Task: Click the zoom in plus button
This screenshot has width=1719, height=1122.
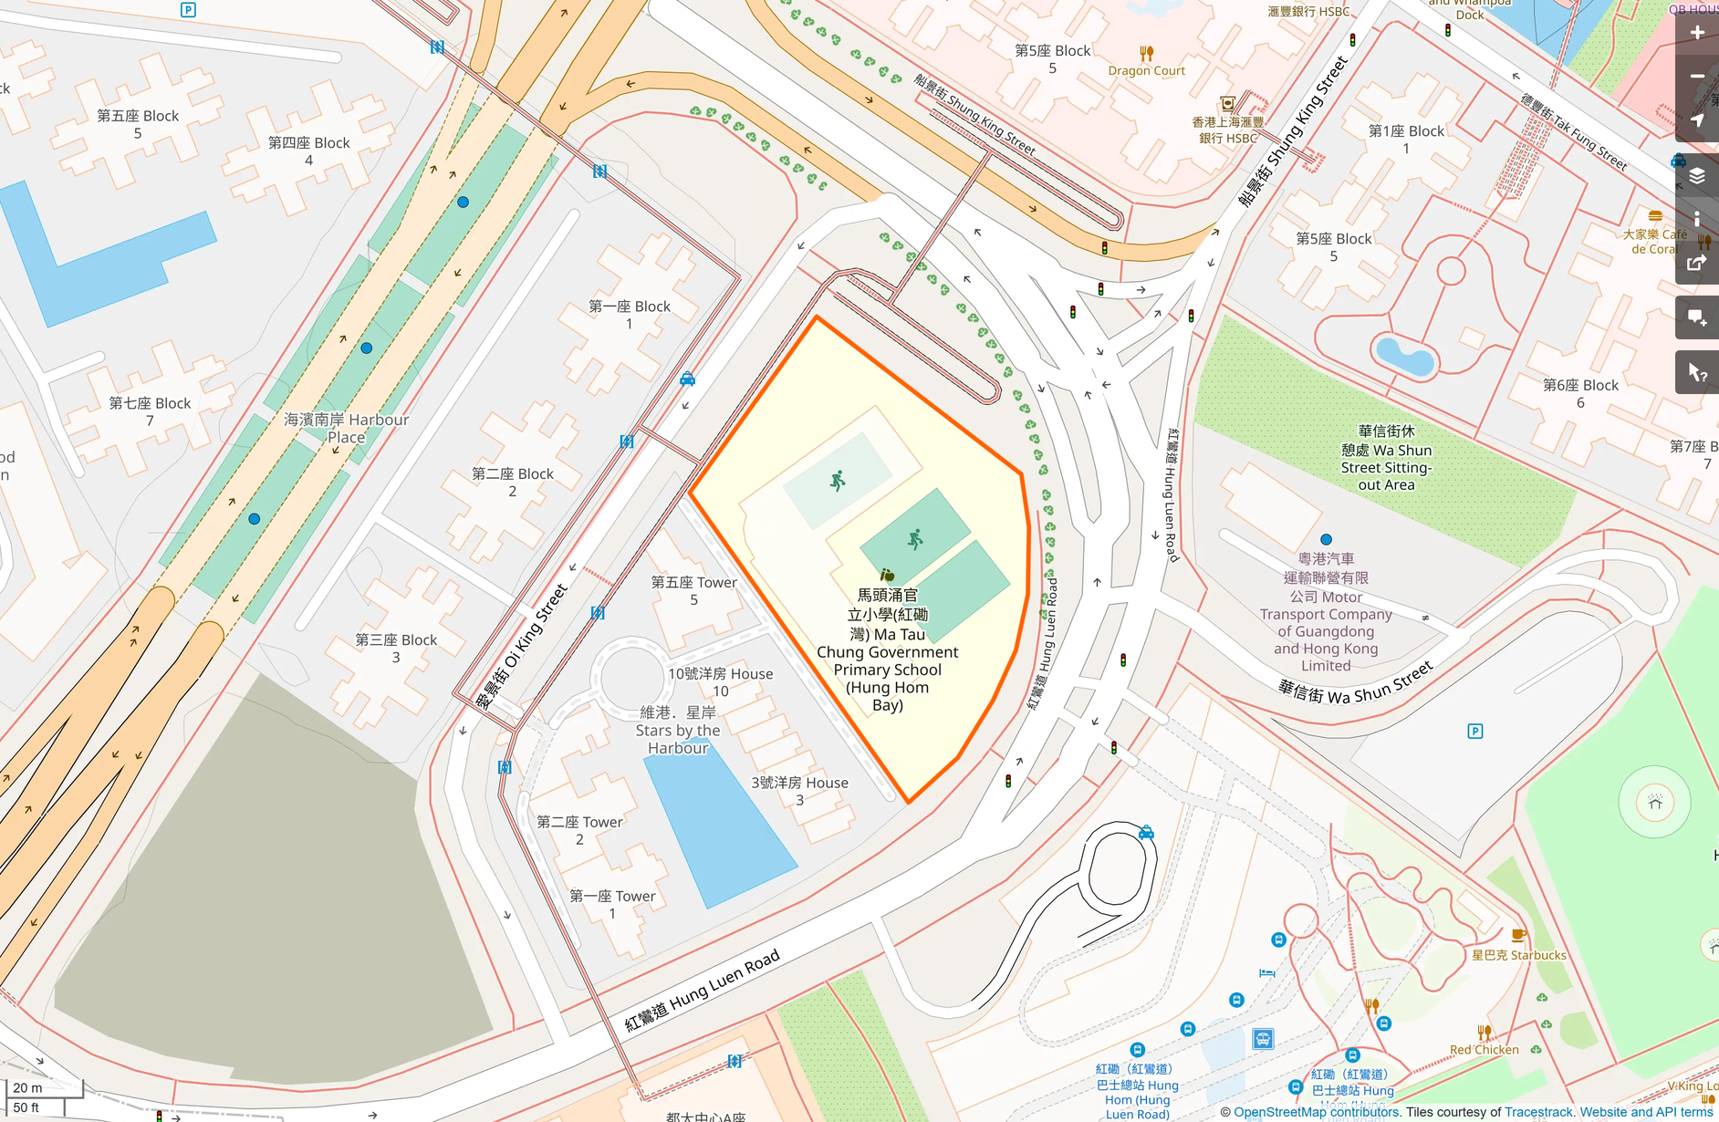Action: coord(1696,33)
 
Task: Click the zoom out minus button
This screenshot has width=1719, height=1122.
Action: coord(1696,77)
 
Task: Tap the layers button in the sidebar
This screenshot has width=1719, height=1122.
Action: coord(1696,176)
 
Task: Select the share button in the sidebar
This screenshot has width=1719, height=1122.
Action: coord(1696,264)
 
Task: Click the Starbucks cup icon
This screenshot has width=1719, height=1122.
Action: coord(1518,935)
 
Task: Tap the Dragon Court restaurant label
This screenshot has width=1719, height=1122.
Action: coord(1146,70)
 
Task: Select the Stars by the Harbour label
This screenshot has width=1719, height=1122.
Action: coord(678,730)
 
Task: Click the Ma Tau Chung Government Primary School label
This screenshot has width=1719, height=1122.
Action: coord(887,650)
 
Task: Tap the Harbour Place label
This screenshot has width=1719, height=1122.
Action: coord(347,428)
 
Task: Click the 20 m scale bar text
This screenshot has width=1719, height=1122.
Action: coord(28,1087)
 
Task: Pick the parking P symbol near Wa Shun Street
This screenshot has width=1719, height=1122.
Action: coord(1474,731)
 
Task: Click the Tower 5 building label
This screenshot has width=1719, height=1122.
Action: coord(693,590)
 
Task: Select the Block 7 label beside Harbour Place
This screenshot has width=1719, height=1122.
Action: coord(150,411)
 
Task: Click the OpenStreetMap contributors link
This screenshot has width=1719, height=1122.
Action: coord(1316,1112)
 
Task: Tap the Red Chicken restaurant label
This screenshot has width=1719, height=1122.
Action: coord(1484,1049)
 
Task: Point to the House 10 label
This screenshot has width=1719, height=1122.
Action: coord(720,681)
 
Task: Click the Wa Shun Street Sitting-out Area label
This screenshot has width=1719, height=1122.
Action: coord(1386,458)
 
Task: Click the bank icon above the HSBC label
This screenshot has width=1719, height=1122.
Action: coord(1227,104)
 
